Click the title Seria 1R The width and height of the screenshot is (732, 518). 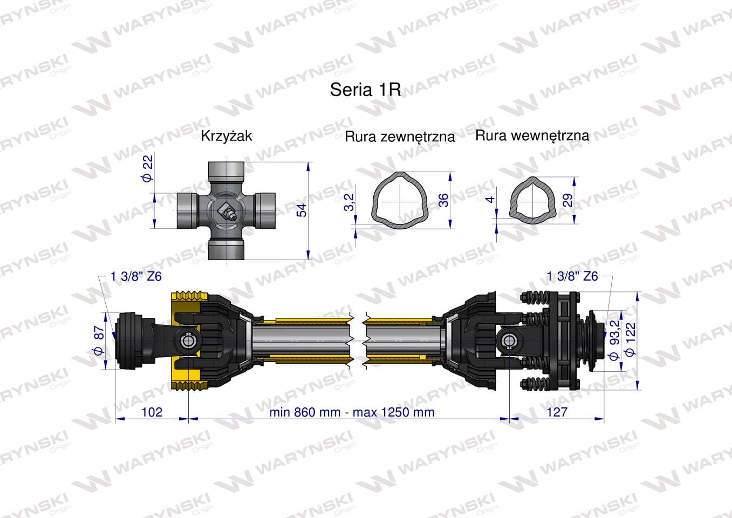pyautogui.click(x=365, y=89)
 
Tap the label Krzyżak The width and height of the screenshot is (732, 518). pyautogui.click(x=226, y=136)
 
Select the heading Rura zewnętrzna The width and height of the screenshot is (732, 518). pyautogui.click(x=400, y=137)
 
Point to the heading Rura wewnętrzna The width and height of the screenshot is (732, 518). pyautogui.click(x=532, y=135)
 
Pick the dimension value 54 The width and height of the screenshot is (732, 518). pyautogui.click(x=302, y=210)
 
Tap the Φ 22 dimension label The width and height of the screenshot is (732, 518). pyautogui.click(x=148, y=168)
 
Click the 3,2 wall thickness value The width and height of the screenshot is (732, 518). pyautogui.click(x=350, y=202)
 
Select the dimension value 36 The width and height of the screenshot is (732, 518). pyautogui.click(x=443, y=200)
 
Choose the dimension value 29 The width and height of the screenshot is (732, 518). pyautogui.click(x=568, y=200)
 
